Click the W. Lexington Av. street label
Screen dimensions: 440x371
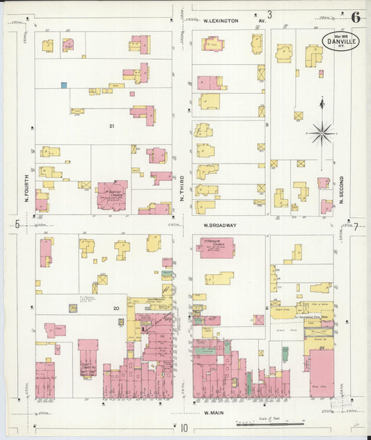pyautogui.click(x=230, y=21)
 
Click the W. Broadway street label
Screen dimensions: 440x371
pyautogui.click(x=221, y=226)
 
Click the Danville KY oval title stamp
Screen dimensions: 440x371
pyautogui.click(x=341, y=40)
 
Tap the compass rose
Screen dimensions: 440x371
pyautogui.click(x=322, y=130)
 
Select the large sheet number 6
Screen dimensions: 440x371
pyautogui.click(x=356, y=17)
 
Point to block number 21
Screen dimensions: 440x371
pyautogui.click(x=111, y=126)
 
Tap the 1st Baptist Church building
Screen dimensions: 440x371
pyautogui.click(x=111, y=195)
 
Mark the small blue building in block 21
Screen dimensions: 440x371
pyautogui.click(x=64, y=86)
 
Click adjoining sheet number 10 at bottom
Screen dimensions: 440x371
pyautogui.click(x=184, y=428)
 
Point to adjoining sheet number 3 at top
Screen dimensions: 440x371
pyautogui.click(x=269, y=14)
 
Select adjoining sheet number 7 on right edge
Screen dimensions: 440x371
pyautogui.click(x=355, y=226)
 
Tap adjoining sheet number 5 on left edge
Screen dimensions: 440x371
pyautogui.click(x=16, y=223)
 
